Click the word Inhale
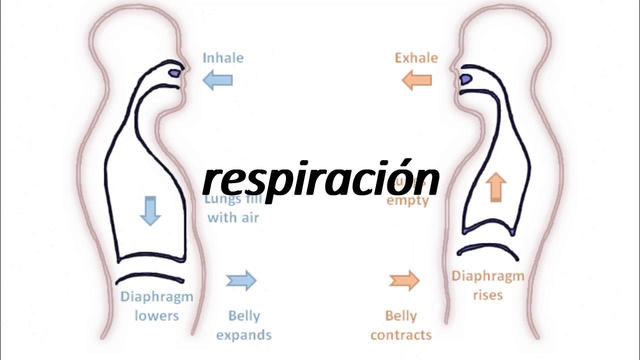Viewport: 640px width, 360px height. (x=223, y=58)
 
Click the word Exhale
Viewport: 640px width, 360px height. (x=416, y=58)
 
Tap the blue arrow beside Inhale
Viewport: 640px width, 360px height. (x=218, y=80)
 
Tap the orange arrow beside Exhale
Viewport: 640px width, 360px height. (x=416, y=80)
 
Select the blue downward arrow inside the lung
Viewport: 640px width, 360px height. (x=149, y=210)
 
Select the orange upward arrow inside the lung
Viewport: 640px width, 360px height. (x=495, y=187)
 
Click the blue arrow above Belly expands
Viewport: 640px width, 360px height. (x=241, y=280)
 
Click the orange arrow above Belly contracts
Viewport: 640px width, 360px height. (x=404, y=280)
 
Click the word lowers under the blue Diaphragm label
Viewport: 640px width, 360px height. (x=156, y=316)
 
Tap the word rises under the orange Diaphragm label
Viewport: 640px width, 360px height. (x=487, y=295)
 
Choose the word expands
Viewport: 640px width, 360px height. (x=243, y=334)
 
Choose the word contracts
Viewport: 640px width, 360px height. (x=401, y=334)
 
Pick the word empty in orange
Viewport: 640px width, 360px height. (x=408, y=201)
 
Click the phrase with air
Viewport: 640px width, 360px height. (x=233, y=217)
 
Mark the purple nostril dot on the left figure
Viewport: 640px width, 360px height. (x=174, y=73)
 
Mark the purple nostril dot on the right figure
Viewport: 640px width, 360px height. (x=464, y=78)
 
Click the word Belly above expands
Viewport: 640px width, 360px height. (x=244, y=316)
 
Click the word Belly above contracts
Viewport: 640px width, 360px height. (x=401, y=316)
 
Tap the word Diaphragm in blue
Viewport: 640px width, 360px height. (x=156, y=296)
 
